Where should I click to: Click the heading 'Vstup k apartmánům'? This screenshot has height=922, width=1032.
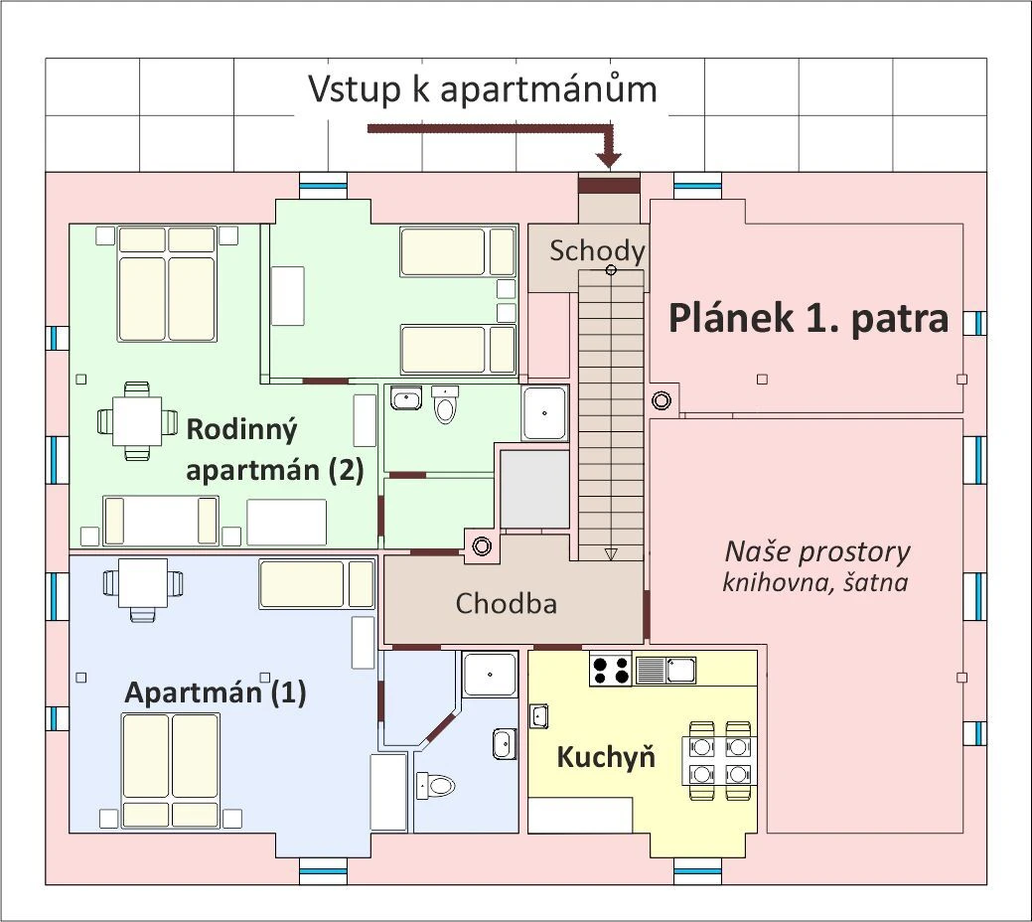483,89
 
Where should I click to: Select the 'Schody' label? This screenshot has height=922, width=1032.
597,250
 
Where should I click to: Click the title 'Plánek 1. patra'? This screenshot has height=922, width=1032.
808,319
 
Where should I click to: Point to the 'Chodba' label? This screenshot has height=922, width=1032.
506,603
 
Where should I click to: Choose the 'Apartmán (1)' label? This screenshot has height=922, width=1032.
215,692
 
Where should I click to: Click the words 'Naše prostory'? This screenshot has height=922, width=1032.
816,551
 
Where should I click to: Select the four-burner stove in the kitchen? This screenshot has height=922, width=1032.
611,670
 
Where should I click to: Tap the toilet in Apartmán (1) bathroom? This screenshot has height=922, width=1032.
436,786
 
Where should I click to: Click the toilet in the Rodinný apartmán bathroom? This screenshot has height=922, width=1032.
445,405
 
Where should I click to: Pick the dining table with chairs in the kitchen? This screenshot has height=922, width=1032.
719,759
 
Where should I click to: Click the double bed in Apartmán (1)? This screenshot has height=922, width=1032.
170,770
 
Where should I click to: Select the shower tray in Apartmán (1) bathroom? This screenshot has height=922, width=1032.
490,674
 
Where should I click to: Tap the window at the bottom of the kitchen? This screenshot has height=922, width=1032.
697,872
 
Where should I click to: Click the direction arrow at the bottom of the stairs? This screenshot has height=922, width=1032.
611,553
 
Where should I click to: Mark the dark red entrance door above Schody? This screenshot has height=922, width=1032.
609,186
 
